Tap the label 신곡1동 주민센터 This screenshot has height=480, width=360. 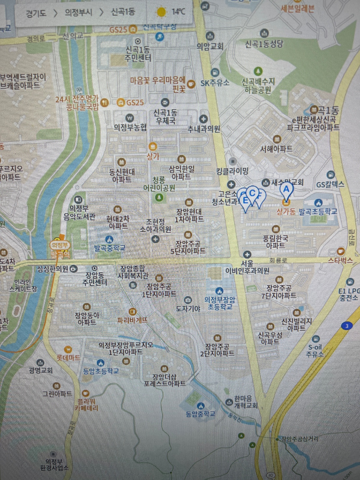pos(138,53)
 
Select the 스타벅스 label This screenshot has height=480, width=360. pos(340,260)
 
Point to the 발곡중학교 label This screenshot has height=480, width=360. pos(109,248)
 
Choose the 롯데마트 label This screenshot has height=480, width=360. pos(69,358)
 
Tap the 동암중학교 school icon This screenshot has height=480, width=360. pos(200,406)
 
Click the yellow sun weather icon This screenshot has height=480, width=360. pos(161,12)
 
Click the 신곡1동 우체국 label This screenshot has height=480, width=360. pos(165,117)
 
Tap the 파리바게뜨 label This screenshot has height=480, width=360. pos(133,320)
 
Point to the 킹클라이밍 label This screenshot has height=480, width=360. pos(232,171)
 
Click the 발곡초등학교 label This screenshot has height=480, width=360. pos(318,211)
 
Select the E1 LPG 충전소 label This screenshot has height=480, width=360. pos(349,294)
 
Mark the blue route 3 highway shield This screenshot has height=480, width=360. pos(347,326)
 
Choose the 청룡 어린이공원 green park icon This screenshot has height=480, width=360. pos(159,197)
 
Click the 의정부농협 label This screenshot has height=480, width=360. pos(130,127)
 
